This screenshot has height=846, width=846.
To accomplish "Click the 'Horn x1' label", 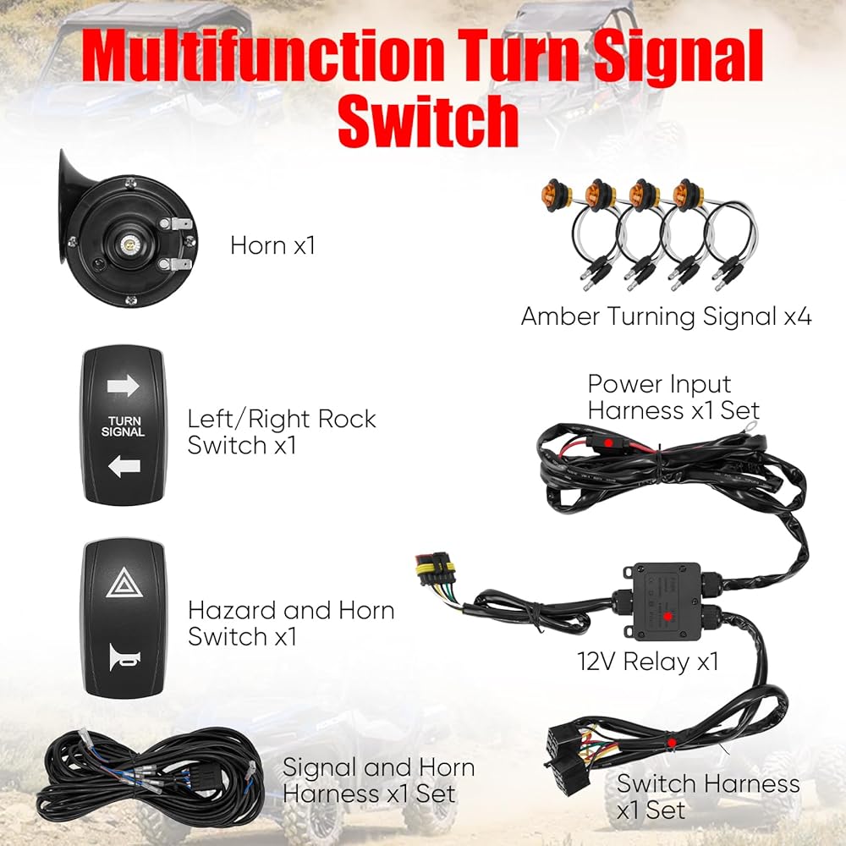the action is (x=272, y=246).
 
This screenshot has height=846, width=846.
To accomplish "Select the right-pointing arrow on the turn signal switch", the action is (x=123, y=387).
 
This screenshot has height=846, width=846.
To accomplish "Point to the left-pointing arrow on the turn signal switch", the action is (x=123, y=466).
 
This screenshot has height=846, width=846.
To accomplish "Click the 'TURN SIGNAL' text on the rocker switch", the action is (x=123, y=426).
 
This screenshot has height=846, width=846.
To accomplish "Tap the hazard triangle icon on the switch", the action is (x=123, y=584).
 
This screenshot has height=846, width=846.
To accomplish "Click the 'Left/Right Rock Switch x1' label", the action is (x=282, y=431).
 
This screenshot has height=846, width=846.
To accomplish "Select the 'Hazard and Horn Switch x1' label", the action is (x=291, y=623).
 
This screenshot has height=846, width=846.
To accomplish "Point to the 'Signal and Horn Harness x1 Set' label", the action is (x=377, y=780).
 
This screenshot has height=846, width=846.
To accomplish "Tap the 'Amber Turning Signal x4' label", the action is (x=666, y=317).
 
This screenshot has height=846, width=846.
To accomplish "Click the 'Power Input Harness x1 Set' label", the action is (x=673, y=397).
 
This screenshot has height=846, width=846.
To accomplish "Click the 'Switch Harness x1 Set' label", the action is (x=707, y=795).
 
